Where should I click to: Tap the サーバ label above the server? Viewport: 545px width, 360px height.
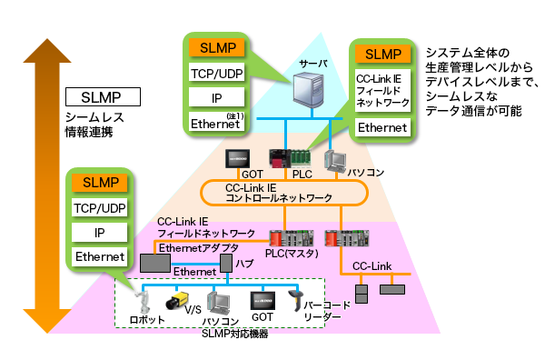tap(313, 64)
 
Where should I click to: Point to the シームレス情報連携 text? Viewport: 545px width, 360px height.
tap(94, 125)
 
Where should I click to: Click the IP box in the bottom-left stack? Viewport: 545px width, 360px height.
tap(101, 233)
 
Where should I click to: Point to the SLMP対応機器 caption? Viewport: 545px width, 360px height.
tap(231, 334)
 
